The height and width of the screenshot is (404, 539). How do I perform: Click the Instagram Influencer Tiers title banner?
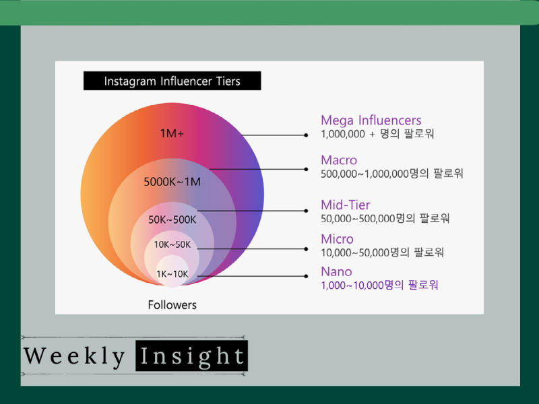pos(172,81)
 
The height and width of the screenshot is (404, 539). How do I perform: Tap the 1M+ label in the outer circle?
pos(172,133)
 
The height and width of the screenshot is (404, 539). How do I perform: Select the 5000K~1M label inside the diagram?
pos(172,182)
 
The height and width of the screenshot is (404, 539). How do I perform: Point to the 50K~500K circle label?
pos(172,220)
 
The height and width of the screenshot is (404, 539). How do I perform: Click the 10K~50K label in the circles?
pos(172,244)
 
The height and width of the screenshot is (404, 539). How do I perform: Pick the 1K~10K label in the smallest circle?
pos(172,274)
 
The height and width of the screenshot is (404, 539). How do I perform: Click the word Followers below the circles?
pos(172,305)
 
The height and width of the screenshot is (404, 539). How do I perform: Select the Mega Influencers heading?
pos(371,121)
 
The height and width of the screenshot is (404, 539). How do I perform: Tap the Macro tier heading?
pos(339,160)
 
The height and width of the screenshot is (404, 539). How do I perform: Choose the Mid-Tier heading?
pos(346,205)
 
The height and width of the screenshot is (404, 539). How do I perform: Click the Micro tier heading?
pos(338,239)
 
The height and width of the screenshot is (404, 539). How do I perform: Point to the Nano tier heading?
pos(336,272)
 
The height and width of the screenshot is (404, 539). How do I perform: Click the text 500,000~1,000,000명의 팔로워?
pos(392,174)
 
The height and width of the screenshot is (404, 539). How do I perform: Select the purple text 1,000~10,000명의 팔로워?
pos(379,285)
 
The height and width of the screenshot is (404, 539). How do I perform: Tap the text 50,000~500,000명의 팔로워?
pos(385,218)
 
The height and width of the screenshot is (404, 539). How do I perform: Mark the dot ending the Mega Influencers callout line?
pos(306,135)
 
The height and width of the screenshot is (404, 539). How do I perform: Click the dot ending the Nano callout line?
pos(306,276)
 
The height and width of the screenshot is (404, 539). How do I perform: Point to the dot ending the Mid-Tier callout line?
pos(306,211)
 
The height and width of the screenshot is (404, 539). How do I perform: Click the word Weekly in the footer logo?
pos(74,357)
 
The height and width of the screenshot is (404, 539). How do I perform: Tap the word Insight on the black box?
pos(192,356)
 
